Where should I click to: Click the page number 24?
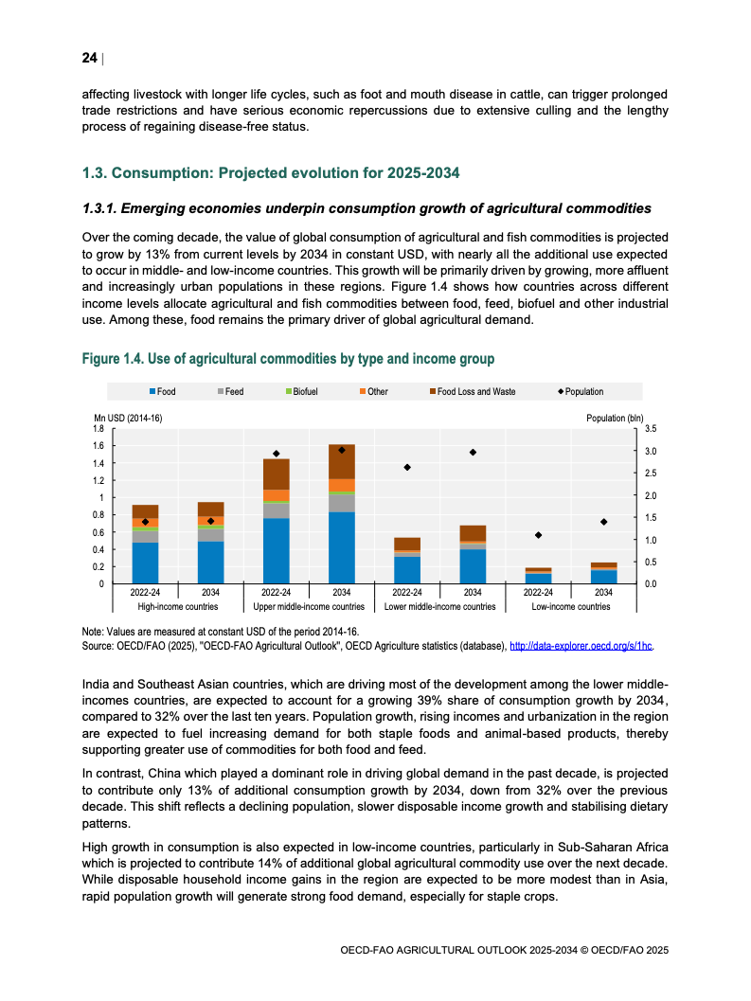89,59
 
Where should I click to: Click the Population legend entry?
580,391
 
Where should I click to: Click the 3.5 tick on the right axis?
651,429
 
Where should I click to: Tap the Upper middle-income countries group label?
309,606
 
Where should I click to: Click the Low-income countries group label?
571,606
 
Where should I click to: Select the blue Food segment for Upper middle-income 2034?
341,547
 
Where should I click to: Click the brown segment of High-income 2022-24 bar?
145,510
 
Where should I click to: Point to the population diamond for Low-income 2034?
603,522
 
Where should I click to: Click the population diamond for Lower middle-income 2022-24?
407,468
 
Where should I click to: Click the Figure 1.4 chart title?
288,359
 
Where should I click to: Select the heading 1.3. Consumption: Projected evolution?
270,173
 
